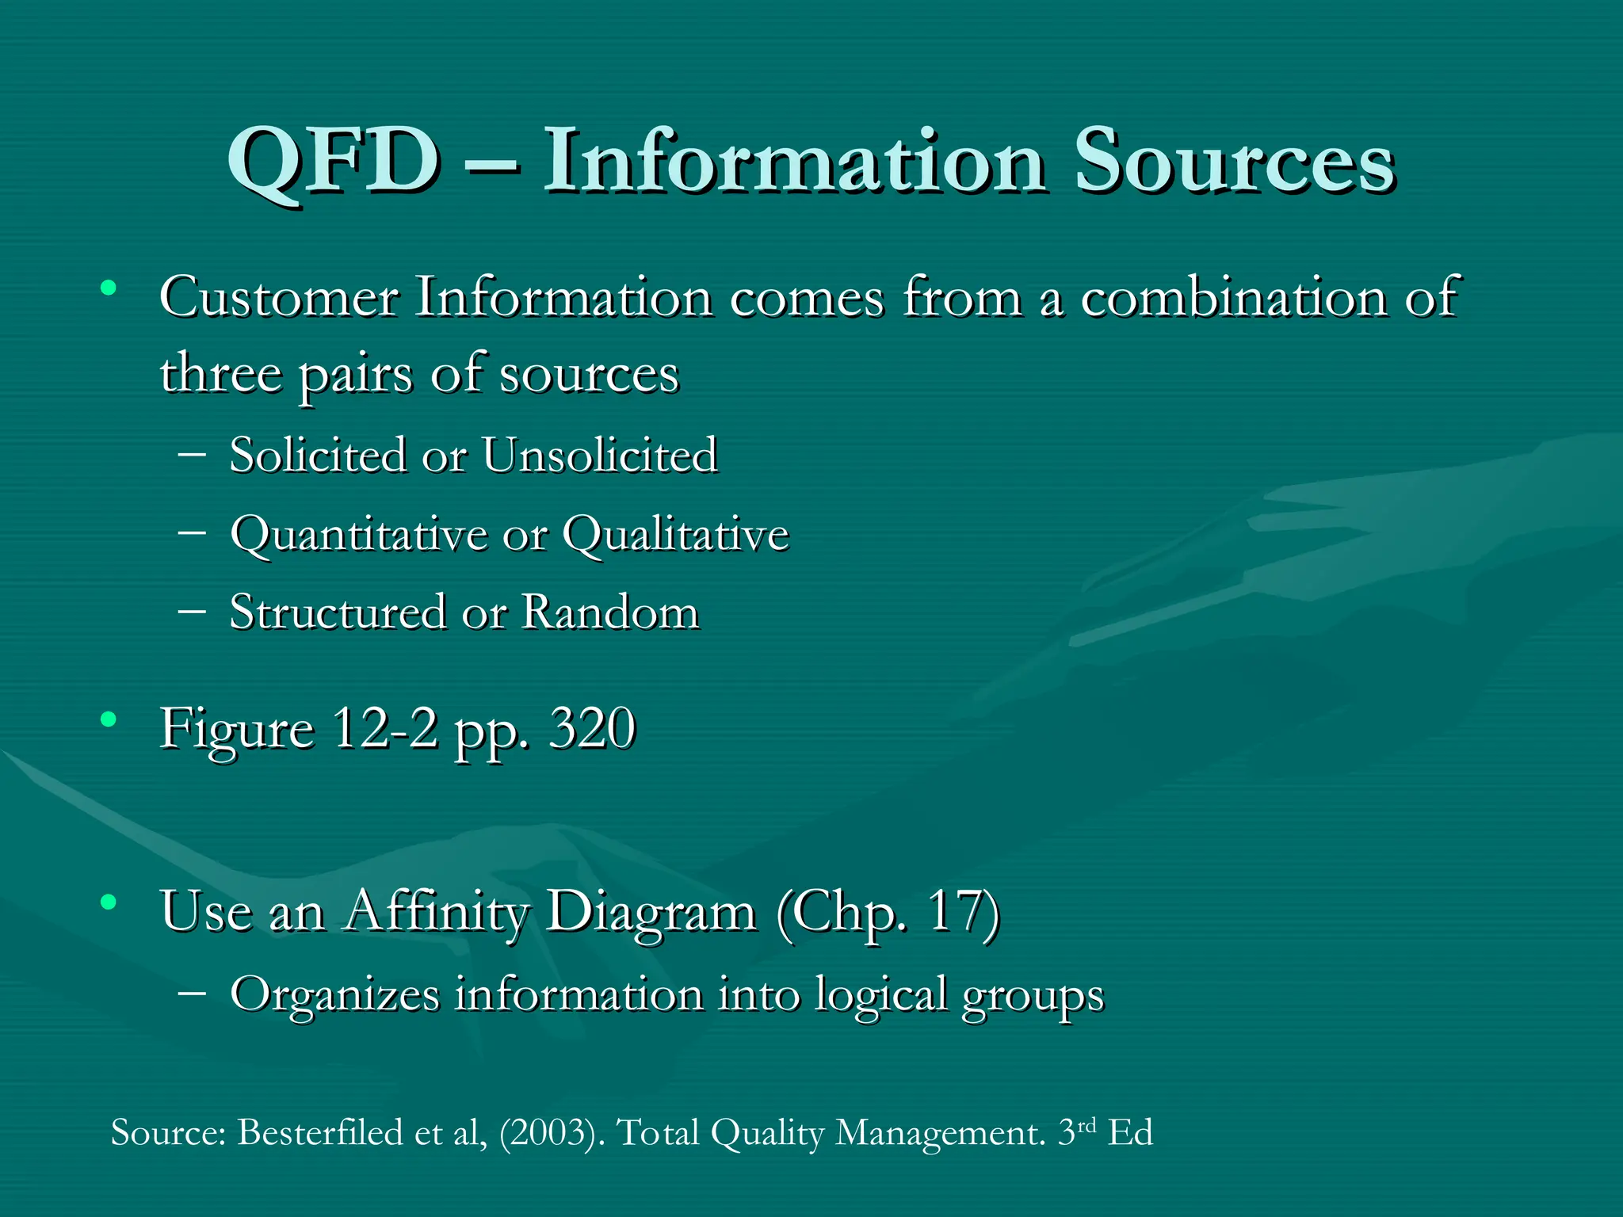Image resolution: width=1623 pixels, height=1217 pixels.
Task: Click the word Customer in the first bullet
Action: [x=279, y=299]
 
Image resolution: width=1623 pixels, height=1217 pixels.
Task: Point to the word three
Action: [x=220, y=374]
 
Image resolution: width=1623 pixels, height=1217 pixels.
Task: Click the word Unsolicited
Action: [x=599, y=456]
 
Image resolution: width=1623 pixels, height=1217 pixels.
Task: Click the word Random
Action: [x=610, y=612]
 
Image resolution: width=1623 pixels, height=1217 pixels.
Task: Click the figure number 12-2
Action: [x=384, y=728]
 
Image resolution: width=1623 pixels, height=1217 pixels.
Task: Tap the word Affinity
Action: [x=436, y=911]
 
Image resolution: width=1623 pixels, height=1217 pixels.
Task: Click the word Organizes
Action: [x=334, y=995]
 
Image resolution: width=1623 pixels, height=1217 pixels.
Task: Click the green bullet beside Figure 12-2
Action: [x=109, y=720]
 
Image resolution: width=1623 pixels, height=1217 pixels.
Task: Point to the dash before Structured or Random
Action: [x=193, y=611]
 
